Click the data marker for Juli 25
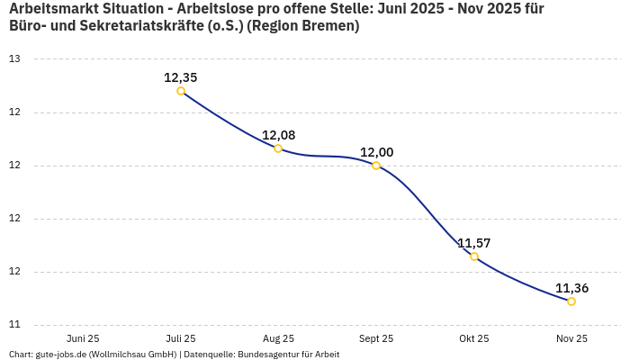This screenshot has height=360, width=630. pos(181,91)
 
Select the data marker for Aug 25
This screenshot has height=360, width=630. pos(278,148)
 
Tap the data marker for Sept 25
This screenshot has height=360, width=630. pos(376,166)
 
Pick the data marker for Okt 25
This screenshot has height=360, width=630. pos(474,256)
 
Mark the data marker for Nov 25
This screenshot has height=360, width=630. pos(571,301)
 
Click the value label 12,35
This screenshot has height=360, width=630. pos(180,77)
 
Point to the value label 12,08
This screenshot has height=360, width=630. pos(278,135)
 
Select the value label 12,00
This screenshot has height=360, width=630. pos(376,152)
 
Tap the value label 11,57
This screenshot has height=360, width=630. pos(473,243)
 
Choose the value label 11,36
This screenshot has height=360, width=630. pos(571,288)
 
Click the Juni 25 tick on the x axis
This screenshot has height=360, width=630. pos(83,338)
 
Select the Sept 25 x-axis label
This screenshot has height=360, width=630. pos(376,338)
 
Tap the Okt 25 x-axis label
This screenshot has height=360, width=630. pos(474,338)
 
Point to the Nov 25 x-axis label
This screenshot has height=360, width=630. pos(571,338)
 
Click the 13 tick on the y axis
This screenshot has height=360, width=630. pos(14,59)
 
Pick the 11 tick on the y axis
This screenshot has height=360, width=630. pos(14,325)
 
